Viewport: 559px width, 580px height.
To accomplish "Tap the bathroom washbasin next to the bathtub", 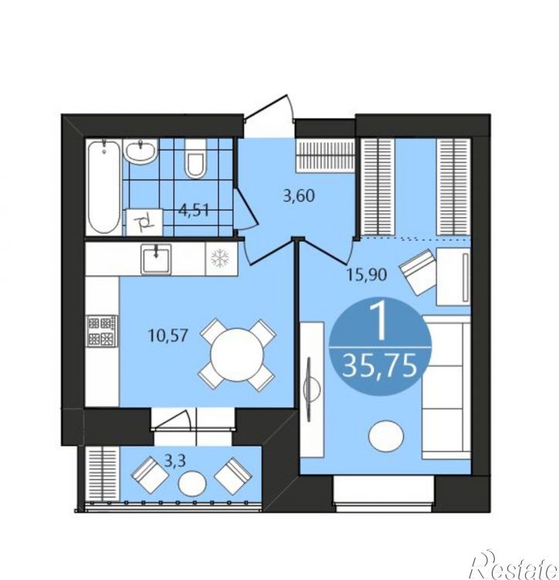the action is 140,152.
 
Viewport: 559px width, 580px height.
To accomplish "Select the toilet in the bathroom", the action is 196,159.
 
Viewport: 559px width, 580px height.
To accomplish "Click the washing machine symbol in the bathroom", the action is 144,222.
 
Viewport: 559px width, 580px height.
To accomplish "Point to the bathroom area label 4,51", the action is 194,210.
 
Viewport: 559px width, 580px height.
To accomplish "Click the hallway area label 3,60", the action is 298,196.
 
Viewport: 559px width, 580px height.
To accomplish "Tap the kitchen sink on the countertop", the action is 156,259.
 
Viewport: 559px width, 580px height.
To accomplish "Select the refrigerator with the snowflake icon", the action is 221,259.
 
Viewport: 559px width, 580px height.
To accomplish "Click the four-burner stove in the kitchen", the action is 102,331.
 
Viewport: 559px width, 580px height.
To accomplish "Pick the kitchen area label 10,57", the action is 168,336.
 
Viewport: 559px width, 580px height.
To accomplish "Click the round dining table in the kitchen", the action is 237,355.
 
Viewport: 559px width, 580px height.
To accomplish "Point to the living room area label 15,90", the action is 367,275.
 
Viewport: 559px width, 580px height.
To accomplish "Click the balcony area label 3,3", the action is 174,461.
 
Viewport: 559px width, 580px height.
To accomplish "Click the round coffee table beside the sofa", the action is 386,436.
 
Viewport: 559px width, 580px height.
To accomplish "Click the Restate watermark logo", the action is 514,568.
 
